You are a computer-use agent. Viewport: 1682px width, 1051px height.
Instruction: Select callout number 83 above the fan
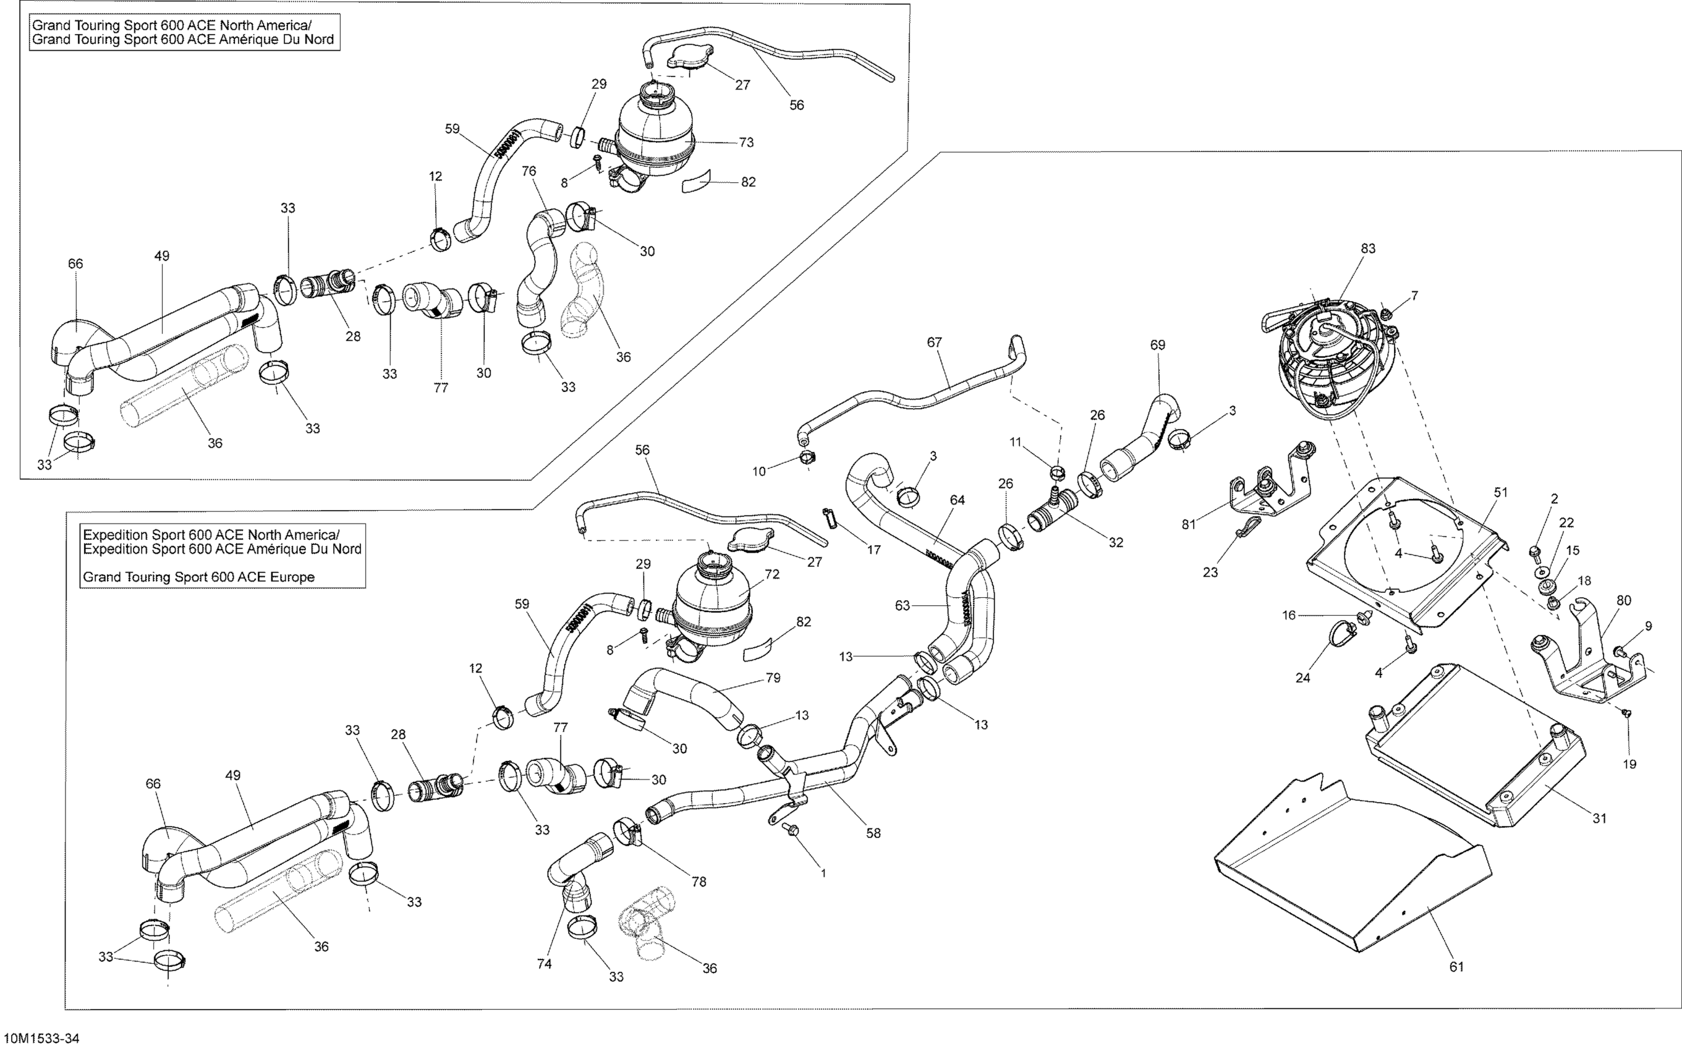tap(1368, 248)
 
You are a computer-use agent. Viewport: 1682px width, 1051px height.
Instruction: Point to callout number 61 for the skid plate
tap(1456, 966)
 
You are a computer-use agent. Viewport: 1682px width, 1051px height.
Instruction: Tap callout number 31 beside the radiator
tap(1599, 818)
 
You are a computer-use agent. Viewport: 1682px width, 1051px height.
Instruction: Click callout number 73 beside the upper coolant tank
tap(745, 142)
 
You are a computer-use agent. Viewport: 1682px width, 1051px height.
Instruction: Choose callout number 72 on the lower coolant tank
tap(771, 574)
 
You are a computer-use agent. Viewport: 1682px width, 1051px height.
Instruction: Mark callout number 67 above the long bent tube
tap(934, 342)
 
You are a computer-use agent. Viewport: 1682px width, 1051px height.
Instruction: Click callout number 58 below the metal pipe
tap(873, 833)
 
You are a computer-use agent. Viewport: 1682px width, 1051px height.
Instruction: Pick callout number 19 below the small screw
tap(1629, 764)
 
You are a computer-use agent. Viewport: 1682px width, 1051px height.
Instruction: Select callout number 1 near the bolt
tap(823, 873)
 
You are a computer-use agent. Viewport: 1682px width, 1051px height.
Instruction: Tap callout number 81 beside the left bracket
tap(1189, 524)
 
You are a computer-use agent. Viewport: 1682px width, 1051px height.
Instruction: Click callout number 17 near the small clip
tap(873, 550)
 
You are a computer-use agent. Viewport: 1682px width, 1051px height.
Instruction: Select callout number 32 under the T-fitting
tap(1116, 542)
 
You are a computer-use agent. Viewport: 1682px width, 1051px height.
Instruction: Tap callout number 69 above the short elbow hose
tap(1157, 345)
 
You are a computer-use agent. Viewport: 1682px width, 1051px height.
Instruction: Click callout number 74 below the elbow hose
tap(544, 963)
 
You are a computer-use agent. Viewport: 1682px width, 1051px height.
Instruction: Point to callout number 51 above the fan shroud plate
tap(1501, 492)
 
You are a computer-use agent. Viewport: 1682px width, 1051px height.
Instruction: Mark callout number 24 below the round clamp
tap(1302, 678)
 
